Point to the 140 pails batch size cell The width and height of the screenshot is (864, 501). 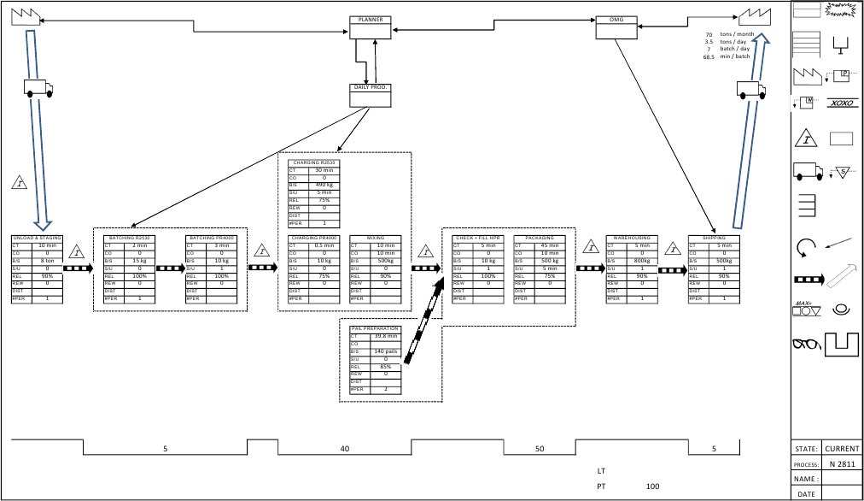387,351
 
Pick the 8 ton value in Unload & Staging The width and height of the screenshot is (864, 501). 48,261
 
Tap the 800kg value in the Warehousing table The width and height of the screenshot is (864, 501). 640,261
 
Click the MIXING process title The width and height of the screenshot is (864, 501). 376,238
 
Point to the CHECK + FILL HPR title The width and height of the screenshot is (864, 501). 478,238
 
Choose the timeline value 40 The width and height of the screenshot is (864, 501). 344,448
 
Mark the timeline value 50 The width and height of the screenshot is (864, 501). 540,448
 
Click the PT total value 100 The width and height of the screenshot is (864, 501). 653,486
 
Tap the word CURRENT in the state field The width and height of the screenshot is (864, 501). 842,448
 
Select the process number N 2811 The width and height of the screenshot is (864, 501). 842,463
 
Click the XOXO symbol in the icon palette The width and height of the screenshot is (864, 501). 843,103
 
